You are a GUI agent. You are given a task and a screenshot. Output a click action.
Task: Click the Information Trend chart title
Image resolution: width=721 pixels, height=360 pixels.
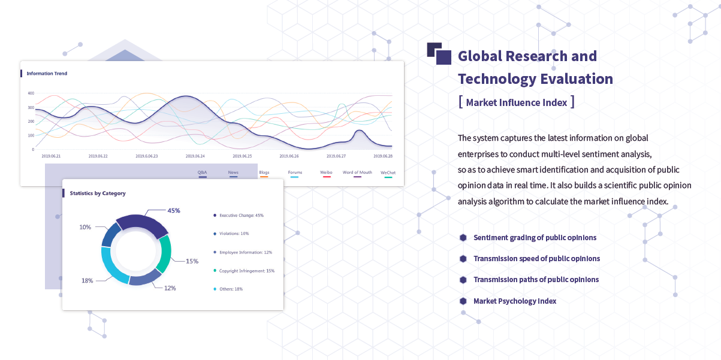[x=47, y=73]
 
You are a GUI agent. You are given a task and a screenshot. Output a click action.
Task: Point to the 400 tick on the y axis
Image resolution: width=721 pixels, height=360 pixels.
[x=31, y=93]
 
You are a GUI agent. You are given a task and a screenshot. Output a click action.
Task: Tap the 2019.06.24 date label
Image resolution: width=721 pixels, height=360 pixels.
[x=195, y=156]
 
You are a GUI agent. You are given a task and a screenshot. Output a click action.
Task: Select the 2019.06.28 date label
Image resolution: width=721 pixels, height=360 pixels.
[x=383, y=156]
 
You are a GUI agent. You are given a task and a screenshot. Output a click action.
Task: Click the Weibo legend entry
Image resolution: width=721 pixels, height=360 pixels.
[x=326, y=174]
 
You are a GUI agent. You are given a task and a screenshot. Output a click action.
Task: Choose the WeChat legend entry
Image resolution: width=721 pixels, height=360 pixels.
[x=388, y=174]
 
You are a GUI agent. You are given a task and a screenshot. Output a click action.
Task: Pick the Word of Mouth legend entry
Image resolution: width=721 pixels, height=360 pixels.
[x=357, y=174]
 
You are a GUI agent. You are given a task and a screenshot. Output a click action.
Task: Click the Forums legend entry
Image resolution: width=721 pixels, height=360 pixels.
[x=295, y=174]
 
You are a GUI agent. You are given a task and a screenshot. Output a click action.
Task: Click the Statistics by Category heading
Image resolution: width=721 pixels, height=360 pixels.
[x=98, y=193]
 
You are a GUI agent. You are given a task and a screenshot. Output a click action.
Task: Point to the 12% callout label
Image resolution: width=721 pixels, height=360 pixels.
[x=170, y=288]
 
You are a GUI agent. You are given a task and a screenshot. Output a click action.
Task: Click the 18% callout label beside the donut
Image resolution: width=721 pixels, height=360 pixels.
[x=88, y=280]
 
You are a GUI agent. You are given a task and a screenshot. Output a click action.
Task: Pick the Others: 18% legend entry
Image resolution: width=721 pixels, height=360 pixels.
[x=228, y=289]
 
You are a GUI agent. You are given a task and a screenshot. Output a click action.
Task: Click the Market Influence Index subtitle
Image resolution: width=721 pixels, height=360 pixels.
[x=516, y=102]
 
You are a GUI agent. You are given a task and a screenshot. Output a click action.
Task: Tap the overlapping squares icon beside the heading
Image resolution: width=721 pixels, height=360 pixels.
[x=439, y=53]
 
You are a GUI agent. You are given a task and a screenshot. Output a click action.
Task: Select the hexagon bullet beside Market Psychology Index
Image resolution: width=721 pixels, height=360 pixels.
[x=463, y=301]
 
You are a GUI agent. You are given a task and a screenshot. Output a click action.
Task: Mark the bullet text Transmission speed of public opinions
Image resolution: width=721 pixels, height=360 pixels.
[x=536, y=259]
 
